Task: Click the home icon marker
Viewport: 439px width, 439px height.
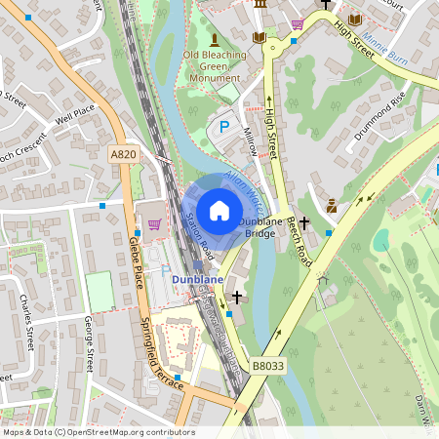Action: point(219,210)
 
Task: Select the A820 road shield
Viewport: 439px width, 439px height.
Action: point(123,154)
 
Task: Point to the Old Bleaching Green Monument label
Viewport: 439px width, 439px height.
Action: point(214,64)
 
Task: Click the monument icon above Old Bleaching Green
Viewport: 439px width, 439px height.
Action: point(214,38)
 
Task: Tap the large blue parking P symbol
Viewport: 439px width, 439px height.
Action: point(223,127)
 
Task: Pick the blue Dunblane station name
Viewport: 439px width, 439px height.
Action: point(198,279)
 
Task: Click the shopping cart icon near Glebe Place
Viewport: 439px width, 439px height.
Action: point(154,223)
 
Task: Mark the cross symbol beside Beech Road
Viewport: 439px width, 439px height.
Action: point(304,223)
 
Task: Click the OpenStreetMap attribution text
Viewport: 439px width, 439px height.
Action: point(99,431)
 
